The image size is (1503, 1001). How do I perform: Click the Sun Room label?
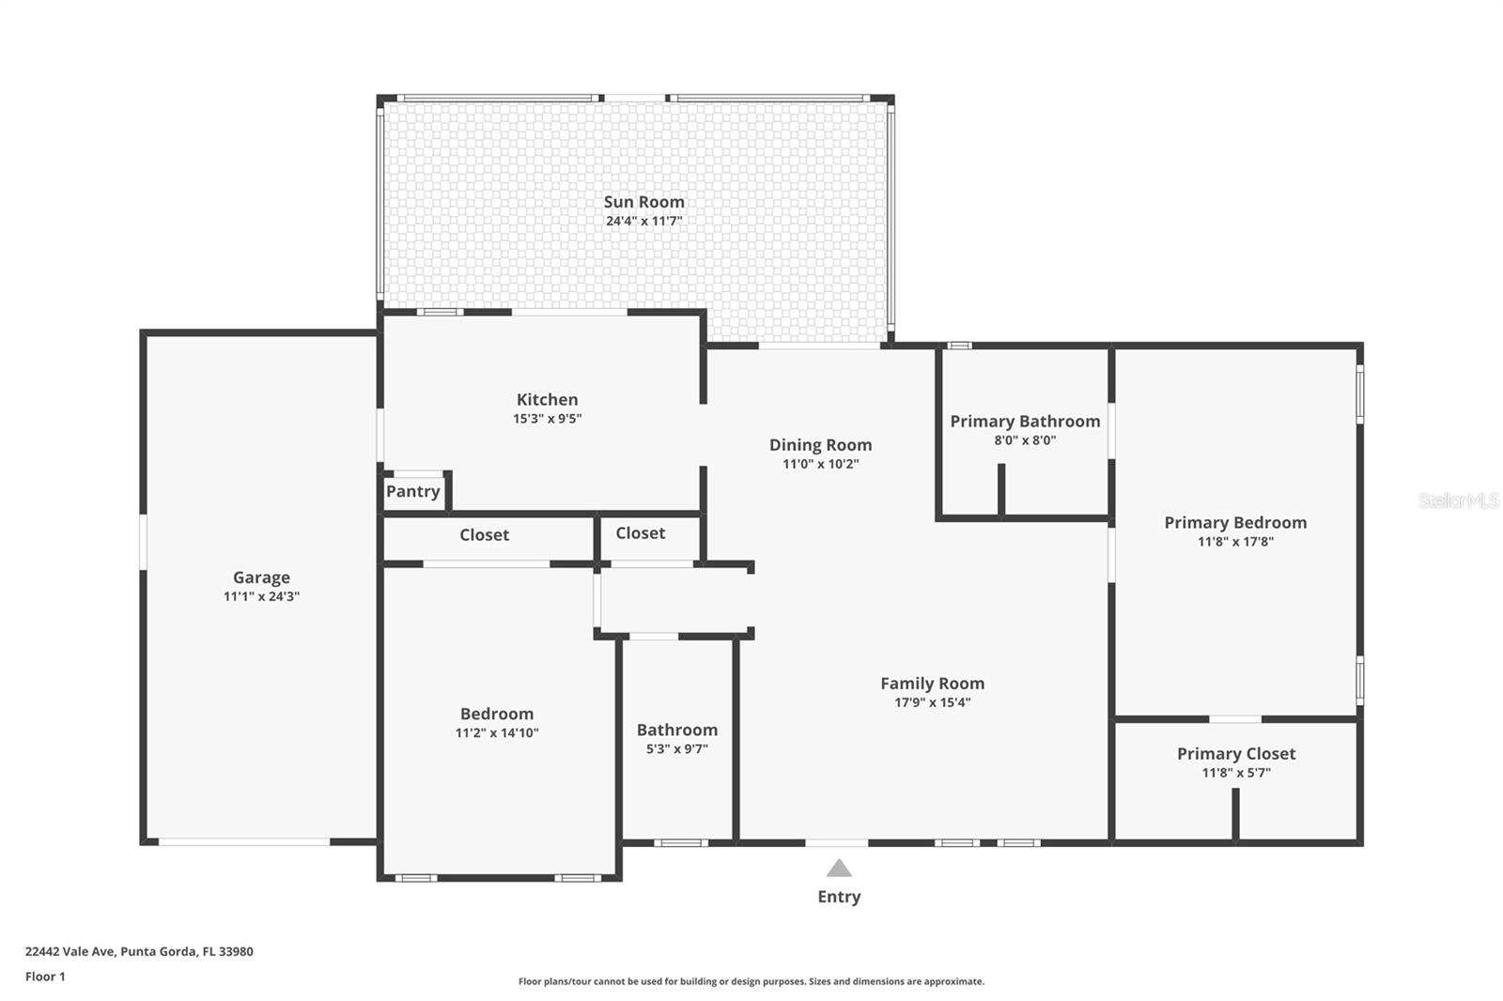pos(644,202)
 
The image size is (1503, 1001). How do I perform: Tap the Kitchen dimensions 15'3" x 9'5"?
pos(548,419)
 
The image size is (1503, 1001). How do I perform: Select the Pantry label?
pos(412,492)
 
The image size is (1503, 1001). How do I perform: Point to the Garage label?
pos(262,577)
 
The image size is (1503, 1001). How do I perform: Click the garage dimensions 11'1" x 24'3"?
pos(262,596)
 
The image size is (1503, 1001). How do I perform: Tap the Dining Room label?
pos(821,445)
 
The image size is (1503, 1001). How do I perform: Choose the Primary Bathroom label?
pos(1025,422)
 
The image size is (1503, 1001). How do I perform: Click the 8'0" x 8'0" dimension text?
pos(1025,440)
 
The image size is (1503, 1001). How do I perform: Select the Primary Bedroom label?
pos(1235,523)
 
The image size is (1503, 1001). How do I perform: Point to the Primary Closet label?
pos(1236,754)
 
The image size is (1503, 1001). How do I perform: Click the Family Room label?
pos(933,684)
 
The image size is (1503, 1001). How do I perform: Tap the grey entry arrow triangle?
pos(839,869)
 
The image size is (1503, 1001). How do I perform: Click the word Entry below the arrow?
pos(839,897)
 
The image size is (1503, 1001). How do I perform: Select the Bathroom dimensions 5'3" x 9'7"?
pos(677,749)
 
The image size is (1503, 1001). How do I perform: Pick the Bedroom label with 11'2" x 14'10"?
pos(497,714)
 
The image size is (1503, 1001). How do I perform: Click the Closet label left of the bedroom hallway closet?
pos(485,535)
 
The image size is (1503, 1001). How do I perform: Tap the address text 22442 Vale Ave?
pos(70,951)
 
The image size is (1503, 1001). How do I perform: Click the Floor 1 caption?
pos(46,977)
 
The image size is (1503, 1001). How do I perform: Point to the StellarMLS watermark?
pos(1459,500)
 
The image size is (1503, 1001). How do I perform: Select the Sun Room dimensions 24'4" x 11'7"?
pos(644,222)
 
